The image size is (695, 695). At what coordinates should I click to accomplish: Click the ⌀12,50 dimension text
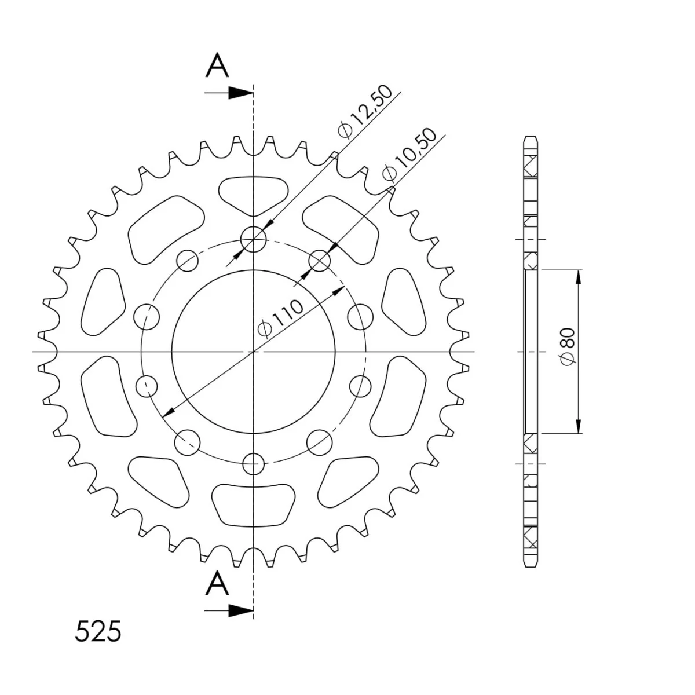point(364,111)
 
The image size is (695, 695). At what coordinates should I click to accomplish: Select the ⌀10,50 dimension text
point(409,153)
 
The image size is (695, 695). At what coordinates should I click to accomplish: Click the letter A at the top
point(217,65)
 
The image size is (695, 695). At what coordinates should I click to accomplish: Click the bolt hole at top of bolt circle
point(253,239)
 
